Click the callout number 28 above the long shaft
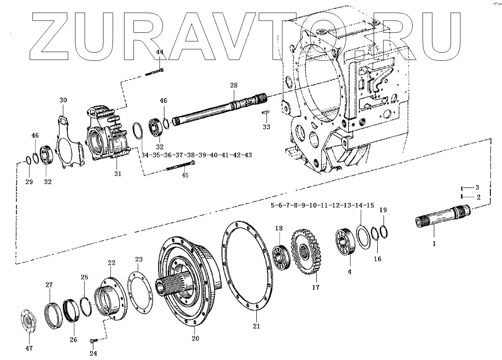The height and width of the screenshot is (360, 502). [234, 85]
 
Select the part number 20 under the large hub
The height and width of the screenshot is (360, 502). [195, 339]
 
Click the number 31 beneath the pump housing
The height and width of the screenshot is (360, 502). [118, 173]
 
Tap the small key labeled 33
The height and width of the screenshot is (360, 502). [266, 113]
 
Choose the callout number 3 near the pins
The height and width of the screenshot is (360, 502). [476, 187]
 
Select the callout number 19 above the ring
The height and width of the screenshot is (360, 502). [383, 210]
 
